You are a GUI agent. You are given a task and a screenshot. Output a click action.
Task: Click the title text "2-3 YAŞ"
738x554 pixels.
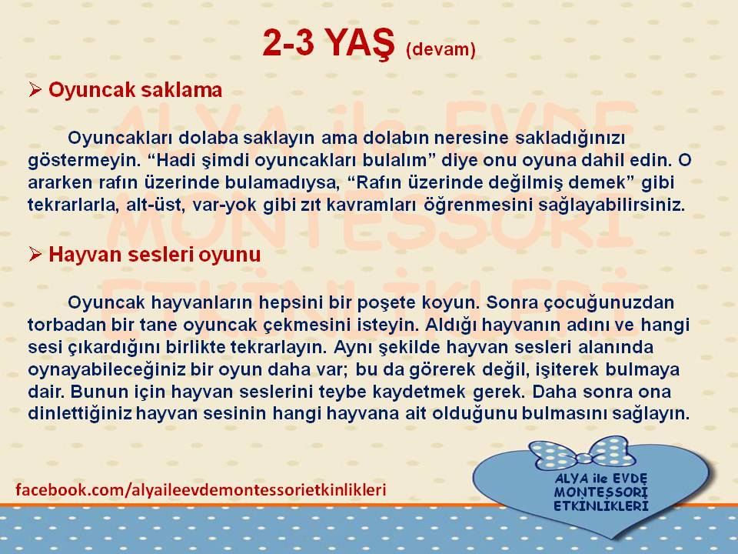(328, 44)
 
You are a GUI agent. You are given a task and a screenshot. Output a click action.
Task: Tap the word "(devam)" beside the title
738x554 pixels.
(440, 49)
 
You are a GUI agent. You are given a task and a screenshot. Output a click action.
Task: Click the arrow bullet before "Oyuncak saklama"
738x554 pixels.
(35, 89)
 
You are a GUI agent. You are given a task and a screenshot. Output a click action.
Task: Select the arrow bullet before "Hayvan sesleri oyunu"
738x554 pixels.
(35, 254)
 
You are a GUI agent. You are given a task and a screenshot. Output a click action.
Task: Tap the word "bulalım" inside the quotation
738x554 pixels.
(398, 160)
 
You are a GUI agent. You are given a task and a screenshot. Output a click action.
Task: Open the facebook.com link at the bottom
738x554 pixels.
(201, 489)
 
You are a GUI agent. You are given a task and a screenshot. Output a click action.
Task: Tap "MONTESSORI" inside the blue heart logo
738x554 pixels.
(601, 492)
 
